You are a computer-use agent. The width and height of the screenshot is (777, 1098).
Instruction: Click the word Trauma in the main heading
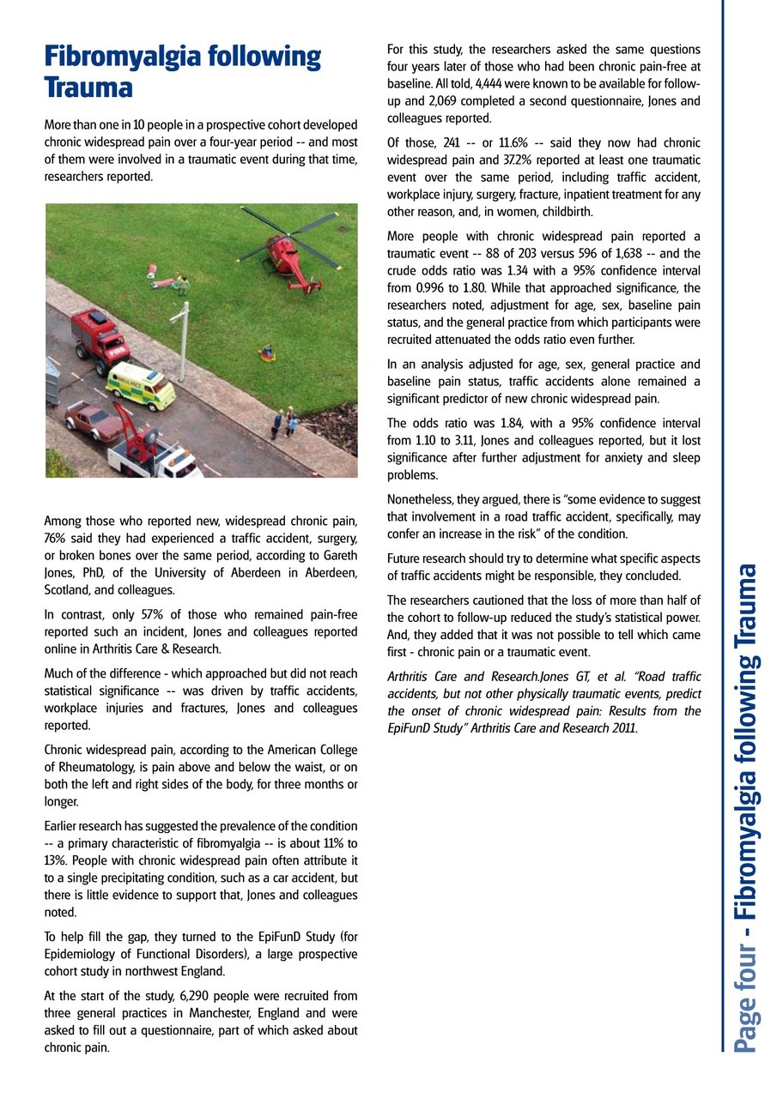[88, 87]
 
